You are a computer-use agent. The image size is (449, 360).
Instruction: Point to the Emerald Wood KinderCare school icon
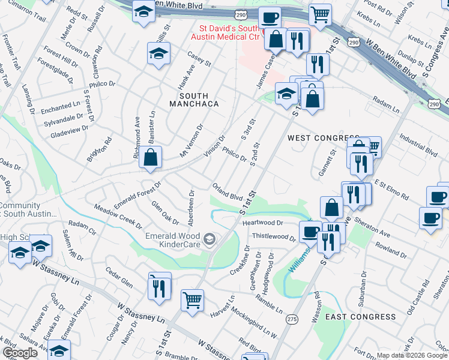pyautogui.click(x=209, y=240)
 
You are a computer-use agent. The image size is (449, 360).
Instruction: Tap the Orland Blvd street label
pyautogui.click(x=227, y=191)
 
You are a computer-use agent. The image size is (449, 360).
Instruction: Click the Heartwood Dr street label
pyautogui.click(x=262, y=223)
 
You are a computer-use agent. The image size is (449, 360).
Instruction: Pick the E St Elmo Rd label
pyautogui.click(x=391, y=188)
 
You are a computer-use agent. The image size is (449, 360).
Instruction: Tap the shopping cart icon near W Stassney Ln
pyautogui.click(x=192, y=299)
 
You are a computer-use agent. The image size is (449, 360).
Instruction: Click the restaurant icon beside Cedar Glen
pyautogui.click(x=160, y=287)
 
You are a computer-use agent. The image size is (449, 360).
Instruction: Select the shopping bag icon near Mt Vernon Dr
pyautogui.click(x=150, y=157)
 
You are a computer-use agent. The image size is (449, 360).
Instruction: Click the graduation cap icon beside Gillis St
pyautogui.click(x=158, y=54)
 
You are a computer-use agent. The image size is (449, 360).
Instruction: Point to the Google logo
pyautogui.click(x=20, y=353)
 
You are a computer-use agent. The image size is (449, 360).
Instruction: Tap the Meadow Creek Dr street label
pyautogui.click(x=113, y=215)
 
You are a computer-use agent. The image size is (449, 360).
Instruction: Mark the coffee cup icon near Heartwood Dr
pyautogui.click(x=311, y=231)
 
